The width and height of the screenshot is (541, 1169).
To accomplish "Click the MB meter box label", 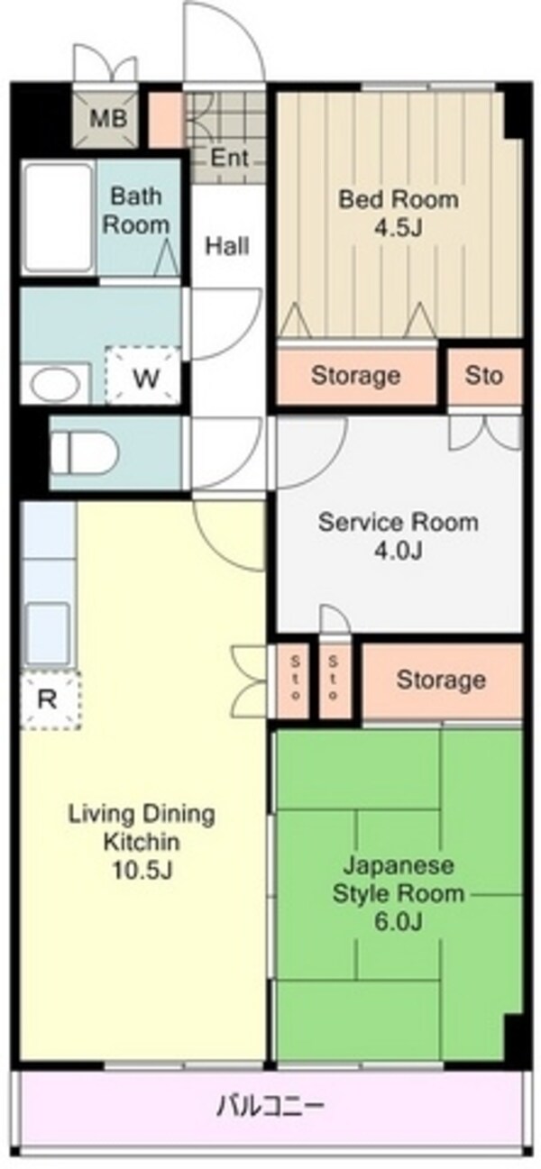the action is click(108, 119).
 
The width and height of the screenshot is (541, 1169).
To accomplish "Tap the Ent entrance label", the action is click(229, 158).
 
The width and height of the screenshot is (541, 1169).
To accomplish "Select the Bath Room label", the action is click(136, 211).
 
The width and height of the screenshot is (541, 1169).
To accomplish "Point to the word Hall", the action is click(226, 246).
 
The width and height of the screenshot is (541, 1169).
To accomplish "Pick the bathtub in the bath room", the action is click(58, 217).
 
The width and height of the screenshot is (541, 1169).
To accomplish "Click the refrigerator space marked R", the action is click(50, 699).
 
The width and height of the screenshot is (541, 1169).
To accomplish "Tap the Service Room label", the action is click(399, 522).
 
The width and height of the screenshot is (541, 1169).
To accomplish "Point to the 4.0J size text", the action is click(398, 550).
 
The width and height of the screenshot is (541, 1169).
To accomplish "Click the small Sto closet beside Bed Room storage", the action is click(484, 375).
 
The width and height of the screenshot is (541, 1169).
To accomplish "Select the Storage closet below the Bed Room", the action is click(356, 376).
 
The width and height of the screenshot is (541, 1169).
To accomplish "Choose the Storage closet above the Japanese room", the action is click(442, 680).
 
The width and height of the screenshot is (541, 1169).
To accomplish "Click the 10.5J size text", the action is click(142, 870).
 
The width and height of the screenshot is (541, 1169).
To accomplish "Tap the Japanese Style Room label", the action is click(399, 880).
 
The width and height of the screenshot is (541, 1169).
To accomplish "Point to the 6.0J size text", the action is click(398, 922).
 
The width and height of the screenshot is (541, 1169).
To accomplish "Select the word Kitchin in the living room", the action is click(142, 841).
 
